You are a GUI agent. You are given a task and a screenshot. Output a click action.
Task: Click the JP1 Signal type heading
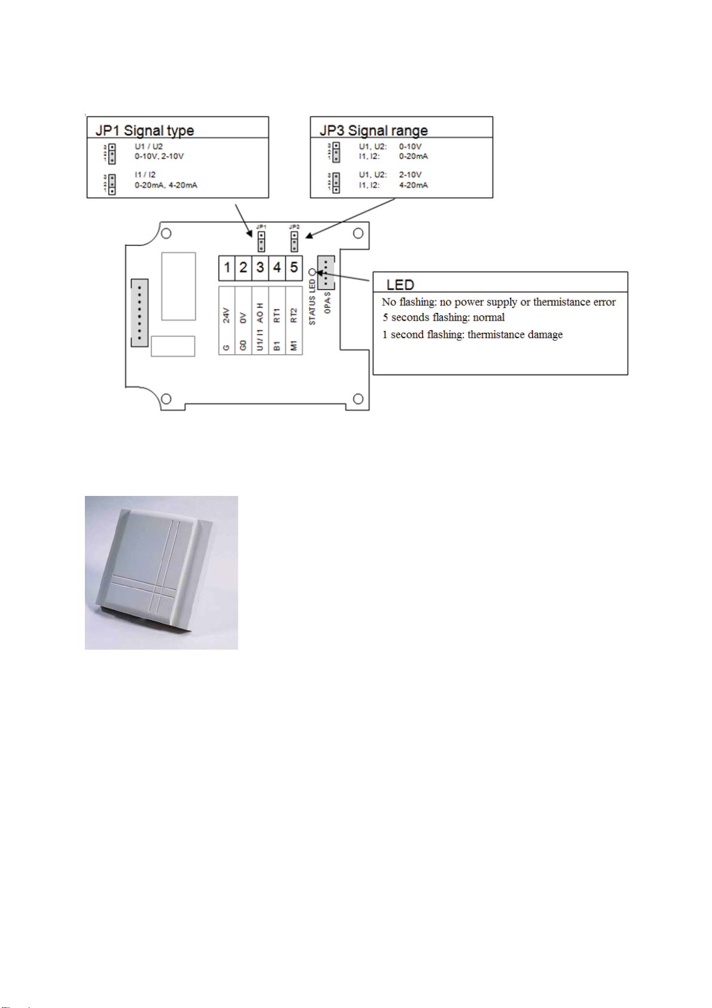point(145,130)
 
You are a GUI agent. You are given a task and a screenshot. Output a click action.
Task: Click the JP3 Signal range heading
point(374,130)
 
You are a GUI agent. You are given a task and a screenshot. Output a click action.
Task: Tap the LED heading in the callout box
point(400,285)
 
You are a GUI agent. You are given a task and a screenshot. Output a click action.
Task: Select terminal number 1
point(227,267)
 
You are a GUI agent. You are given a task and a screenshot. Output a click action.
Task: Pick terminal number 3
point(260,267)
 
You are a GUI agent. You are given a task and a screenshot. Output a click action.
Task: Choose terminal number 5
point(294,267)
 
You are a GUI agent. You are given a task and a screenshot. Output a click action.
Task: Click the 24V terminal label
point(227,315)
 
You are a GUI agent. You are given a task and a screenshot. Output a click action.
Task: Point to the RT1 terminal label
point(277,316)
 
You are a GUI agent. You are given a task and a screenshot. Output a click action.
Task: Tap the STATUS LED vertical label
point(312,303)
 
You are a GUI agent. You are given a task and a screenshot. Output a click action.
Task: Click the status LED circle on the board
point(312,272)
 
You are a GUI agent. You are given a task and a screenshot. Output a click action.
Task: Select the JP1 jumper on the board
point(261,241)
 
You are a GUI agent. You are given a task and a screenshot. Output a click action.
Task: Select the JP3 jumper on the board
point(294,241)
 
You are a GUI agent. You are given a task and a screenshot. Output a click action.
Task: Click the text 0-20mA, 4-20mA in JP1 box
point(166,185)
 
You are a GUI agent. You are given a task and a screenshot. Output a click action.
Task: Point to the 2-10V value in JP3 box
point(410,175)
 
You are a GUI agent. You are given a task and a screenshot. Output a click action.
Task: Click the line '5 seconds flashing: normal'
point(444,318)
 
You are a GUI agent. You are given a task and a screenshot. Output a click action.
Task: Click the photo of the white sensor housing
point(161,572)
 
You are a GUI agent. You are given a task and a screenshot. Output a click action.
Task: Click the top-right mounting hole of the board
point(358,233)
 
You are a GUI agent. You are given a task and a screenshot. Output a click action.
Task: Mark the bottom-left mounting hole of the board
point(167,399)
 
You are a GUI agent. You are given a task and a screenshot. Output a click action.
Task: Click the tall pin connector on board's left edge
point(139,312)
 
